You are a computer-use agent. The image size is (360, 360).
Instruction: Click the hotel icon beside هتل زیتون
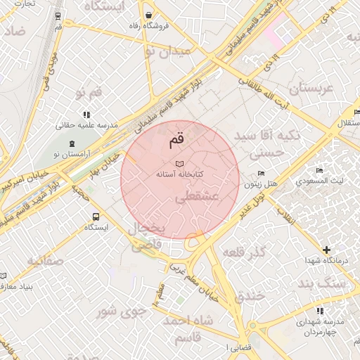262,174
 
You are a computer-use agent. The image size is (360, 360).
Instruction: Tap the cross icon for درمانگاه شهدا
326,250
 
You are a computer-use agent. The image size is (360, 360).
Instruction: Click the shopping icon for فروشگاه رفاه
148,15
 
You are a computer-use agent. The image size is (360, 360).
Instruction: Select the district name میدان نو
167,51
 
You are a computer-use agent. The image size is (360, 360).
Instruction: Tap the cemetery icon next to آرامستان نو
56,153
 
